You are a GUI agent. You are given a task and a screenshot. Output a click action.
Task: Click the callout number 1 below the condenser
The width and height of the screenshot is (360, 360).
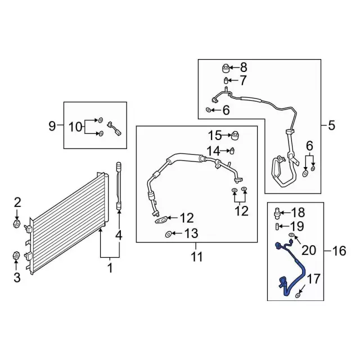click(x=110, y=268)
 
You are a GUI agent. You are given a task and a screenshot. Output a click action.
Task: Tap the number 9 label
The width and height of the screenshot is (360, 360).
click(x=52, y=125)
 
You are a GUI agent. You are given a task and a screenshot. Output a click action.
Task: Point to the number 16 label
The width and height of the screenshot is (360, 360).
click(x=339, y=251)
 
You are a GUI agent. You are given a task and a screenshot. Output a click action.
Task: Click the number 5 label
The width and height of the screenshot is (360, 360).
click(x=331, y=125)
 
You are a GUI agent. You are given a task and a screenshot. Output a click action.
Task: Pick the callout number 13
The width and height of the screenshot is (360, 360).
click(x=192, y=233)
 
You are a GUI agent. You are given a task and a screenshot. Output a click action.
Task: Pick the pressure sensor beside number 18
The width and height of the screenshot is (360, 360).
click(x=276, y=213)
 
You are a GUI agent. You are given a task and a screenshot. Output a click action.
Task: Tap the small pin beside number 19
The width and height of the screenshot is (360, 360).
click(x=277, y=226)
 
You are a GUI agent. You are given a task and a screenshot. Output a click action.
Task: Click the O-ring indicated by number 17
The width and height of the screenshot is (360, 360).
click(x=298, y=295)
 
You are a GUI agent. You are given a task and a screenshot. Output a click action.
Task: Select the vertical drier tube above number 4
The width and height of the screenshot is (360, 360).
click(x=119, y=186)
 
